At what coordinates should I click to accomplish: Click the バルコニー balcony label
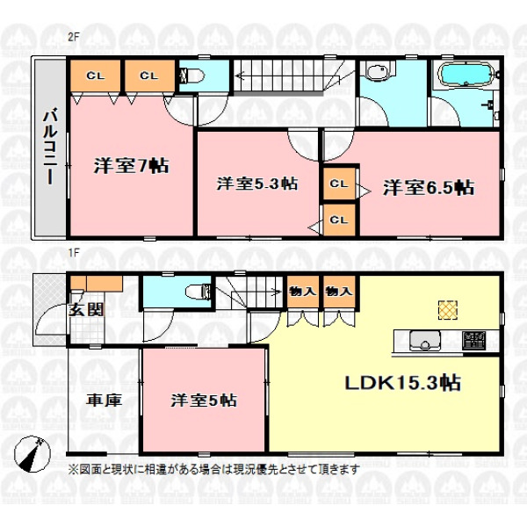tap(50, 146)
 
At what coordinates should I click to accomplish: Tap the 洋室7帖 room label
tap(132, 165)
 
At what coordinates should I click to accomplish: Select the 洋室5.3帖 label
tap(257, 184)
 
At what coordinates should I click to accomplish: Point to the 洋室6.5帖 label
tap(429, 188)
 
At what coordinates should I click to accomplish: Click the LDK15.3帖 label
tap(403, 382)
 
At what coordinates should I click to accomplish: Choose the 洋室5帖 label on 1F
tap(204, 400)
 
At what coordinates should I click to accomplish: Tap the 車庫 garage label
tap(104, 401)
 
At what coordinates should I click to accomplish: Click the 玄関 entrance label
tap(86, 310)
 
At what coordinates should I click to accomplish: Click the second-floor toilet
tap(192, 76)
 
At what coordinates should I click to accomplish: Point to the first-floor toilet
tap(199, 291)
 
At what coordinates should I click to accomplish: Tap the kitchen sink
tap(425, 341)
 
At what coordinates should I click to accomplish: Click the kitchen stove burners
tap(473, 340)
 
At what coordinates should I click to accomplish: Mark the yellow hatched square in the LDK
tap(448, 309)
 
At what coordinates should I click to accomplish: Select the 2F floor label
tap(73, 37)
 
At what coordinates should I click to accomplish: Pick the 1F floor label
tap(74, 252)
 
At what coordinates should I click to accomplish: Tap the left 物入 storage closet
tap(302, 292)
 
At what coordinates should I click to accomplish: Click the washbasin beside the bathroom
tap(378, 72)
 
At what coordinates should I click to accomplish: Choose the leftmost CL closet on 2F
tap(96, 76)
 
